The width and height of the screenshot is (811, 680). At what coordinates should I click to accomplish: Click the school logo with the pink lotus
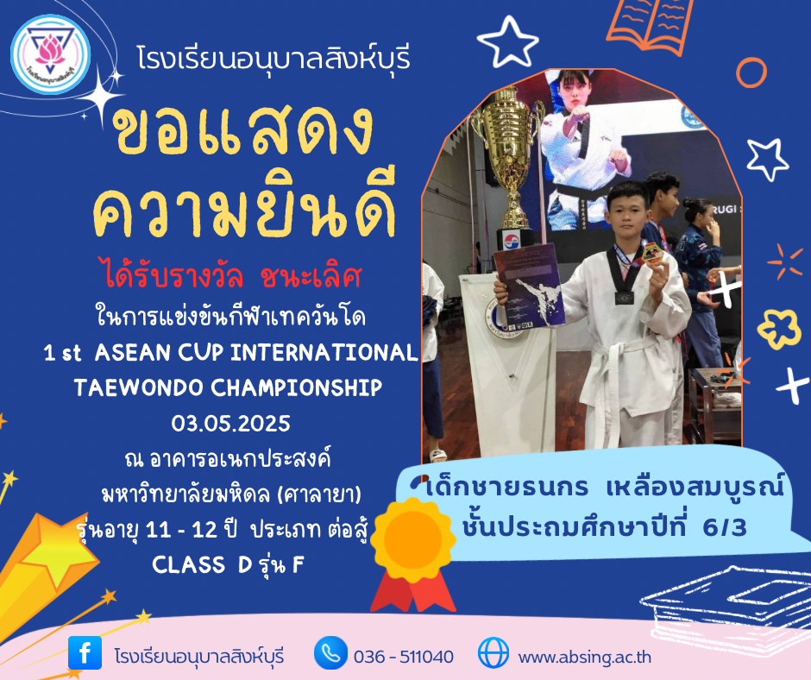click(50, 54)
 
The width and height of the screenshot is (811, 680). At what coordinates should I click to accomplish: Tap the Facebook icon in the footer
click(85, 652)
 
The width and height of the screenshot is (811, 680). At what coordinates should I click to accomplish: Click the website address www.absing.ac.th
click(584, 657)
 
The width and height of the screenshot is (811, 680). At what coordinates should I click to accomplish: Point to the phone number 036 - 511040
click(404, 657)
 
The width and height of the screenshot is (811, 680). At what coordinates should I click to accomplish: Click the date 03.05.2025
click(230, 424)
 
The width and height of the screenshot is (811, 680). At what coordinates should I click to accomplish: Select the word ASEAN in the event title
click(133, 353)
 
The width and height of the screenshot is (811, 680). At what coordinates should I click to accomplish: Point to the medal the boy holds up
click(652, 254)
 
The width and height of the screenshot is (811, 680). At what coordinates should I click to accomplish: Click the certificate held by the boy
click(529, 286)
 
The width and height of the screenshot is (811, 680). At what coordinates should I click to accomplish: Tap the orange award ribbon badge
click(412, 554)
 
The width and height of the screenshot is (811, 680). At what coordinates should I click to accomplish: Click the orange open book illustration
click(650, 25)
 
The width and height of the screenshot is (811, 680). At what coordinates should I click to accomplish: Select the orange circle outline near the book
click(751, 72)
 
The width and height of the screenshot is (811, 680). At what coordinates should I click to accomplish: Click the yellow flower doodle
click(779, 329)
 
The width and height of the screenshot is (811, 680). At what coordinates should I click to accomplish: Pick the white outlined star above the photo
click(507, 42)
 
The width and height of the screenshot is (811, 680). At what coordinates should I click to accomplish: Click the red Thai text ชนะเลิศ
click(311, 277)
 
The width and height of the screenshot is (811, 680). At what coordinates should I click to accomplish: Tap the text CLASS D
click(202, 564)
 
